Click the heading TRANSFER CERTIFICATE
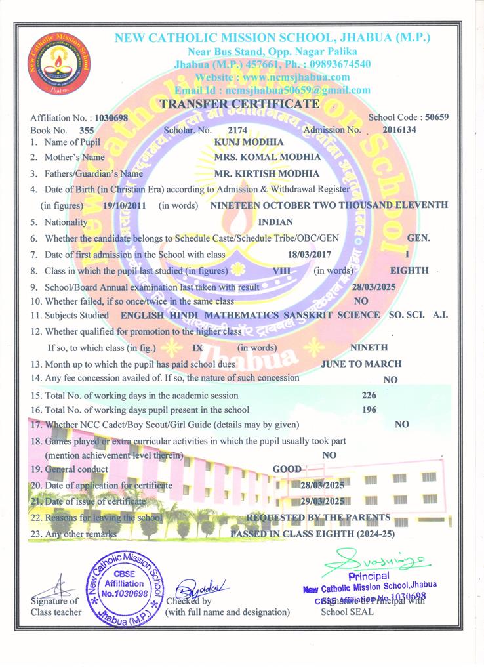coord(240,104)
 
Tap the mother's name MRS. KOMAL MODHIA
coord(258,157)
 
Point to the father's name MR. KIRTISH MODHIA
coord(258,173)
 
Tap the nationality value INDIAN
coord(275,222)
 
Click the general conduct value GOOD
coord(287,469)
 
